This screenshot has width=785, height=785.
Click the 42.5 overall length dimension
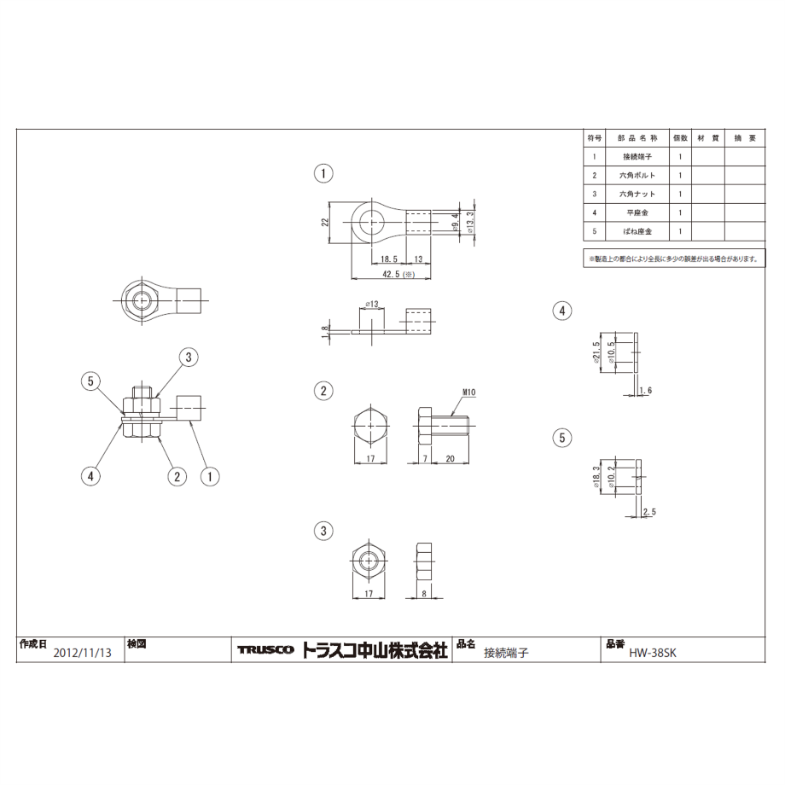pos(398,275)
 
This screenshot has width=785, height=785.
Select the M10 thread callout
pos(468,392)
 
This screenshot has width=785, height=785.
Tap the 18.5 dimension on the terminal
pos(389,259)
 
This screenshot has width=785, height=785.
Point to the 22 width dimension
pos(324,223)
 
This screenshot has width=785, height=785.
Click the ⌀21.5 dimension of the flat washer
pos(596,353)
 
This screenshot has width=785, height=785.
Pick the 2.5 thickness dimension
pos(649,512)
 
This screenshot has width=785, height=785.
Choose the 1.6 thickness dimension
pos(646,390)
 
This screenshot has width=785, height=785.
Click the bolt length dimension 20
pos(450,458)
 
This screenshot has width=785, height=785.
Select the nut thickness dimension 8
pos(424,594)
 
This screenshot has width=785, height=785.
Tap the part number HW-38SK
pos(653,653)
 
